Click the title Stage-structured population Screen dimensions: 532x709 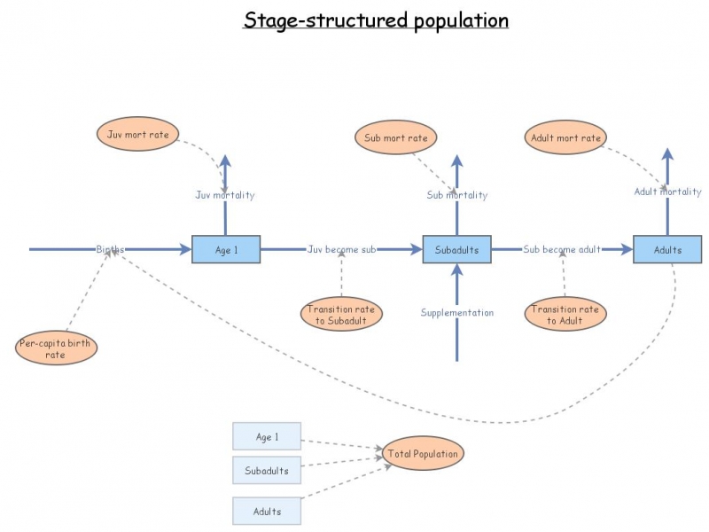[x=376, y=20]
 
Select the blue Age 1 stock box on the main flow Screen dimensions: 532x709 [x=226, y=250]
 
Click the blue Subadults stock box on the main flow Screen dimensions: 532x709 [x=456, y=250]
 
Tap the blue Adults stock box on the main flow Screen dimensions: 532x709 [x=667, y=250]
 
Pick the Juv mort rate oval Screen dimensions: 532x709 [x=137, y=137]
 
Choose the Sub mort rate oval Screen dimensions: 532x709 [x=396, y=137]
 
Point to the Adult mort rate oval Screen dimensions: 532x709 [x=565, y=137]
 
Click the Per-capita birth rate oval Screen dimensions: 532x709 [x=57, y=348]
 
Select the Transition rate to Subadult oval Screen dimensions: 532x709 [x=341, y=315]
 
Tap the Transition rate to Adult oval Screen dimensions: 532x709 [x=565, y=315]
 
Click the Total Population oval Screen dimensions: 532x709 [x=423, y=454]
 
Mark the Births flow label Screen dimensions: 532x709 [x=111, y=250]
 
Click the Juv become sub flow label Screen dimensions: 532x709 [x=341, y=250]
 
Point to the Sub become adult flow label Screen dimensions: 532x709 [x=562, y=250]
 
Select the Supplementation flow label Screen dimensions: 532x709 [x=456, y=313]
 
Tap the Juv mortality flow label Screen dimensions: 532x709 [x=225, y=195]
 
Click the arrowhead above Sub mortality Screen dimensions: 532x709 [x=457, y=161]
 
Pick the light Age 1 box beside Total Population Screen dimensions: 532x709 [x=267, y=437]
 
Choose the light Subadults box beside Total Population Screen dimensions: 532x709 [x=267, y=471]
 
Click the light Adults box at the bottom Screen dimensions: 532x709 [x=267, y=512]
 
